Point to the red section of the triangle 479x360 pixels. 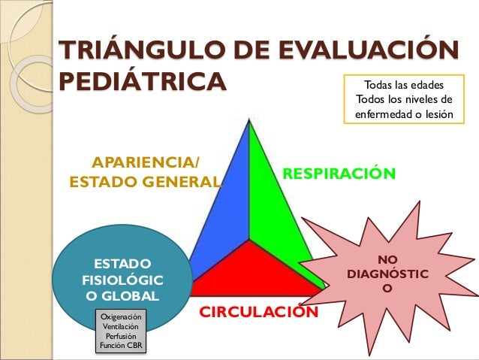248,271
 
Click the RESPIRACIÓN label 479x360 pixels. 338,174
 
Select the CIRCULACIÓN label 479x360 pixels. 258,311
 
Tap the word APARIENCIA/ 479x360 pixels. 146,162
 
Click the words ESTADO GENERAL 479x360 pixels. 146,181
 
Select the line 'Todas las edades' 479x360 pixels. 404,85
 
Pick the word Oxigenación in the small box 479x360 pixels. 119,316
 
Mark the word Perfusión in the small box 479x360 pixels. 119,337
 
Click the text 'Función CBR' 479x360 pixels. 119,346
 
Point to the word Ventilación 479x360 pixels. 119,327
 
